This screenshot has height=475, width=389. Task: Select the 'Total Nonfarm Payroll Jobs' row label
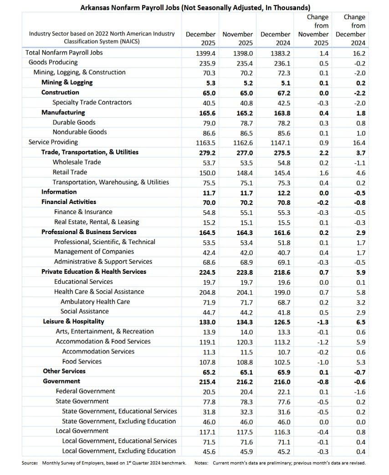coord(64,52)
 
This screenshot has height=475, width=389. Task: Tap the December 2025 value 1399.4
coord(200,53)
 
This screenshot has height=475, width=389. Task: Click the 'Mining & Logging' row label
coord(67,82)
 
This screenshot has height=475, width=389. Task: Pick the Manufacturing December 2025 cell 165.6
coord(200,112)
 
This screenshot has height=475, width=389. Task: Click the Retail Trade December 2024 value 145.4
coord(275,172)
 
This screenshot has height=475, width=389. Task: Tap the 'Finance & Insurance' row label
coord(83,212)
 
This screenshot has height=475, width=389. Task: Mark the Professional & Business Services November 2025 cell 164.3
coord(237,232)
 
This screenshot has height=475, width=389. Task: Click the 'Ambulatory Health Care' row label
coord(95,301)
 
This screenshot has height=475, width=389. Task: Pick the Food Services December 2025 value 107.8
coord(200,362)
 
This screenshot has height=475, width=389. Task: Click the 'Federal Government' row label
coord(85,391)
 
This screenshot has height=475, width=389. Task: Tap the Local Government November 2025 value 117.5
coord(237,431)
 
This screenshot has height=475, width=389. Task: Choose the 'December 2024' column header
coord(275,38)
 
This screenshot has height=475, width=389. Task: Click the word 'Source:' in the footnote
coord(30,463)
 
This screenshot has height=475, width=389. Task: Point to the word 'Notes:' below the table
coord(201,463)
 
